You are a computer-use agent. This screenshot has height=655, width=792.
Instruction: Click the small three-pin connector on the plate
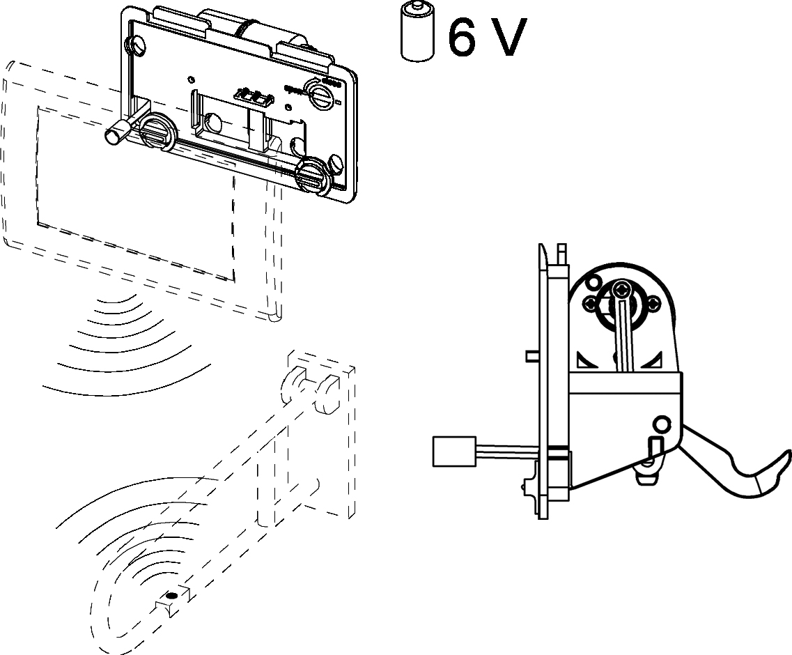pyautogui.click(x=251, y=95)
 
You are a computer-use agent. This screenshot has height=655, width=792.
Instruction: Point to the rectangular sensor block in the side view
pyautogui.click(x=453, y=450)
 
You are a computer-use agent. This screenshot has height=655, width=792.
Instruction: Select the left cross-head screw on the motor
pyautogui.click(x=589, y=303)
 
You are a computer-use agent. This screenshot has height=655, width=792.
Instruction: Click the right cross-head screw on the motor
pyautogui.click(x=655, y=304)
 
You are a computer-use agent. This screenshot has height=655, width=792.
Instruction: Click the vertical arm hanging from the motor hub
pyautogui.click(x=624, y=334)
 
